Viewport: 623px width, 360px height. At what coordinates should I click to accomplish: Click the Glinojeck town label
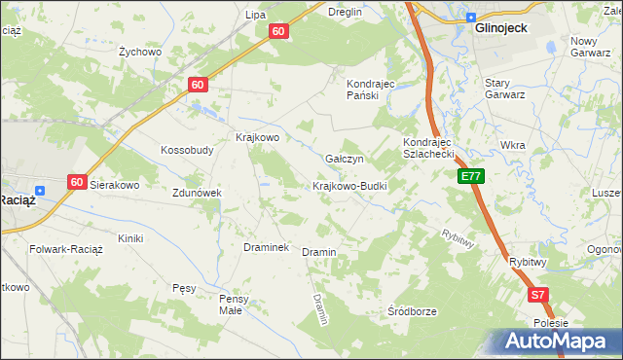[500, 28]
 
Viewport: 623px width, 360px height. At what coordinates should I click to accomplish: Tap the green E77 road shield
[471, 176]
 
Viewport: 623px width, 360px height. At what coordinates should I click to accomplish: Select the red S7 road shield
[538, 294]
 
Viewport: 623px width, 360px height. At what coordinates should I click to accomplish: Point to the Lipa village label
[255, 15]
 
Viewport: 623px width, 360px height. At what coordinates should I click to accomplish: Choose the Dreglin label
[345, 13]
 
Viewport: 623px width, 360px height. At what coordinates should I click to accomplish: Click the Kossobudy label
[187, 151]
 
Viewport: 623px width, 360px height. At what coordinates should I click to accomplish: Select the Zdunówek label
[198, 193]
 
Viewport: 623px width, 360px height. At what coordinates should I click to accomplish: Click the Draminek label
[266, 247]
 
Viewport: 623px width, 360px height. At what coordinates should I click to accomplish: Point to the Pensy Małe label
[236, 304]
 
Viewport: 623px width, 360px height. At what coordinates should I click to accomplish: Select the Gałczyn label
[344, 159]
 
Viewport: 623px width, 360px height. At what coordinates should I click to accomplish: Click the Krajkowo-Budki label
[350, 186]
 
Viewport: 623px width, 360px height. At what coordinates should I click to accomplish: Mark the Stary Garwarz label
[505, 89]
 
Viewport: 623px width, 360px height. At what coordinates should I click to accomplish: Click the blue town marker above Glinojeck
[471, 17]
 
